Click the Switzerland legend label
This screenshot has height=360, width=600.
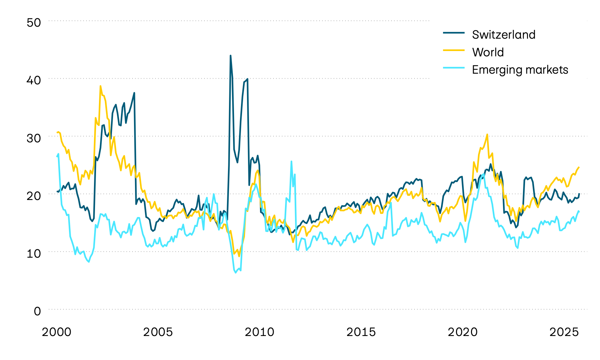[x=503, y=35]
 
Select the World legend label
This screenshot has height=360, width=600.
[x=488, y=52]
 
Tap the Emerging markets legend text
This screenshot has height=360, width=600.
[x=520, y=70]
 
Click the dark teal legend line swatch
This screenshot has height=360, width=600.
[x=454, y=33]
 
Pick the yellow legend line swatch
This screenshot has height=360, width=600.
[x=454, y=50]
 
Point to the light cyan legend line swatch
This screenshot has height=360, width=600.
[x=454, y=68]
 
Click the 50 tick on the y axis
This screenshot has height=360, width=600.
[x=34, y=23]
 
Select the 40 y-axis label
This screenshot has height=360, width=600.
[x=34, y=80]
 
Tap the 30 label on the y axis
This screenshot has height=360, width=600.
[x=34, y=138]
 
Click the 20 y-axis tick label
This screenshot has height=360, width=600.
[x=34, y=196]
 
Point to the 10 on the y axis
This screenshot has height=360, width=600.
[x=34, y=253]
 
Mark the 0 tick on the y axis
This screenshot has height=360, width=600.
[x=37, y=311]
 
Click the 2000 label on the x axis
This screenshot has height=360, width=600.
[x=57, y=332]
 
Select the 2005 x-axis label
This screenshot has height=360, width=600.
[x=158, y=332]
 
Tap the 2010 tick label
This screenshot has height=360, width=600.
[x=260, y=332]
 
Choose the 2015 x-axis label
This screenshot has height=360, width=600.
[x=361, y=332]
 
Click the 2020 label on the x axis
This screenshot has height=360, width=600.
[x=463, y=332]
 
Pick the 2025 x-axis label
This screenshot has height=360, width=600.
[x=564, y=332]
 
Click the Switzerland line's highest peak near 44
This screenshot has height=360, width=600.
[x=230, y=56]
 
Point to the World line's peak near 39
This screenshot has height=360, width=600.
[x=100, y=86]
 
